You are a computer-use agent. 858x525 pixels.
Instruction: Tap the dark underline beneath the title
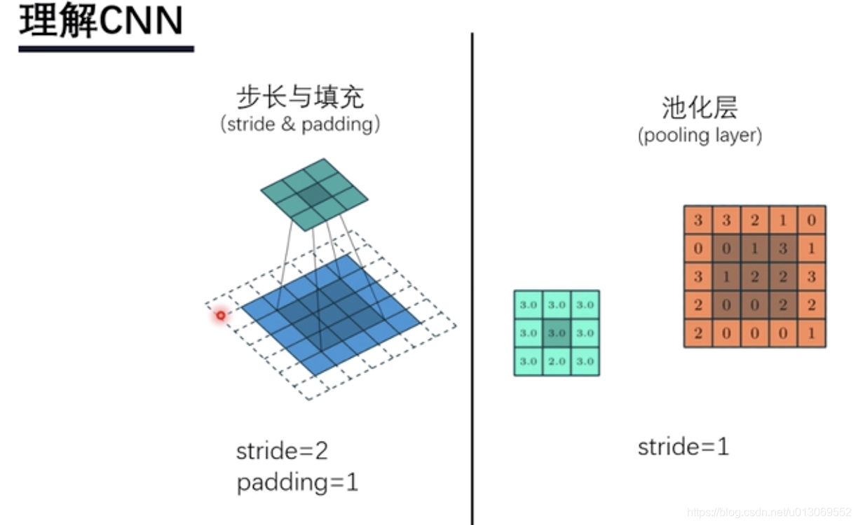pyautogui.click(x=106, y=49)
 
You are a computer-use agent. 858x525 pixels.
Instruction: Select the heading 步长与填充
pyautogui.click(x=300, y=97)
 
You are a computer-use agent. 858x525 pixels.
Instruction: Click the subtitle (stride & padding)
pyautogui.click(x=300, y=125)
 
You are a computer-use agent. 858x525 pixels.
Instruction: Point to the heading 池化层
pyautogui.click(x=700, y=108)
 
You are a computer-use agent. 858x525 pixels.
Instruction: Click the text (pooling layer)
pyautogui.click(x=700, y=135)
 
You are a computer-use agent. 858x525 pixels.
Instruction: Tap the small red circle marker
pyautogui.click(x=221, y=316)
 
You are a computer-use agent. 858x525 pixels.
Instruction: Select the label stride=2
pyautogui.click(x=282, y=451)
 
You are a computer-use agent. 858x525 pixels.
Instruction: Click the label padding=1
pyautogui.click(x=297, y=483)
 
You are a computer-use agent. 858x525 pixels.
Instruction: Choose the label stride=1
pyautogui.click(x=683, y=447)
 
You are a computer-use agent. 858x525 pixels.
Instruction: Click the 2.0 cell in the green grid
pyautogui.click(x=557, y=361)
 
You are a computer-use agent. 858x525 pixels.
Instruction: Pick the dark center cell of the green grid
pyautogui.click(x=557, y=333)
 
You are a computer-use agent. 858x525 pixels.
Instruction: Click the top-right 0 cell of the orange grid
pyautogui.click(x=811, y=220)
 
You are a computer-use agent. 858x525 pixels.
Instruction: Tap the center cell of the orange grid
pyautogui.click(x=755, y=276)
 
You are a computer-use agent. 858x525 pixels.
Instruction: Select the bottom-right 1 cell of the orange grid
pyautogui.click(x=811, y=333)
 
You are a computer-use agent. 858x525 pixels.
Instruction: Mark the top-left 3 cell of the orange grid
pyautogui.click(x=698, y=220)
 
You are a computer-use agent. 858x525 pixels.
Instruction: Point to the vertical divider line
pyautogui.click(x=472, y=280)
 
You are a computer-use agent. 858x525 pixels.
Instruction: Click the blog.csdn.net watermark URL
pyautogui.click(x=769, y=512)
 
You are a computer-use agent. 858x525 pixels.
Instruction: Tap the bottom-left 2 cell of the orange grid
pyautogui.click(x=698, y=333)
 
